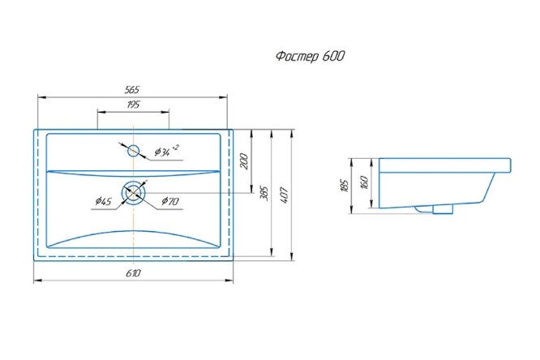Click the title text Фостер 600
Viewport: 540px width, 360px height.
[310, 56]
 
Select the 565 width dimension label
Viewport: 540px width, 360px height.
[132, 90]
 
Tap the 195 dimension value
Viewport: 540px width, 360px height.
[133, 105]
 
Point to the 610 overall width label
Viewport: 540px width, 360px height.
[133, 273]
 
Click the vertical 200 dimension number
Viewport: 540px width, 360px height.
[244, 161]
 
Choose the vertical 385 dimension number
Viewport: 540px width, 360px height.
[264, 194]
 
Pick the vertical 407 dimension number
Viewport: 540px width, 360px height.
[284, 195]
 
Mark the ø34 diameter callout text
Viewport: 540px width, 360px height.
[166, 151]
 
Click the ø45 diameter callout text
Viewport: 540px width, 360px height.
[103, 201]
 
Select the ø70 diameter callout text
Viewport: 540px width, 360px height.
[170, 201]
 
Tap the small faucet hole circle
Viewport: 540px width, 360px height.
[133, 151]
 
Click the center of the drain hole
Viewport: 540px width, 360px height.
[134, 193]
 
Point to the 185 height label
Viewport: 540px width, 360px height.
[345, 186]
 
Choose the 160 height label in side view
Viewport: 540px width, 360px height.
[365, 182]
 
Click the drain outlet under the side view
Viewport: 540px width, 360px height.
[443, 209]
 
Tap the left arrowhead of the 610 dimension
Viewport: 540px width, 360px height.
[37, 281]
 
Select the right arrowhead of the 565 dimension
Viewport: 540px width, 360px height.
[224, 97]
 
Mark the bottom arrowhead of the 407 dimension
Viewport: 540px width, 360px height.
[292, 256]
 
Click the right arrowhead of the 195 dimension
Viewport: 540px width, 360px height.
[165, 112]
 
